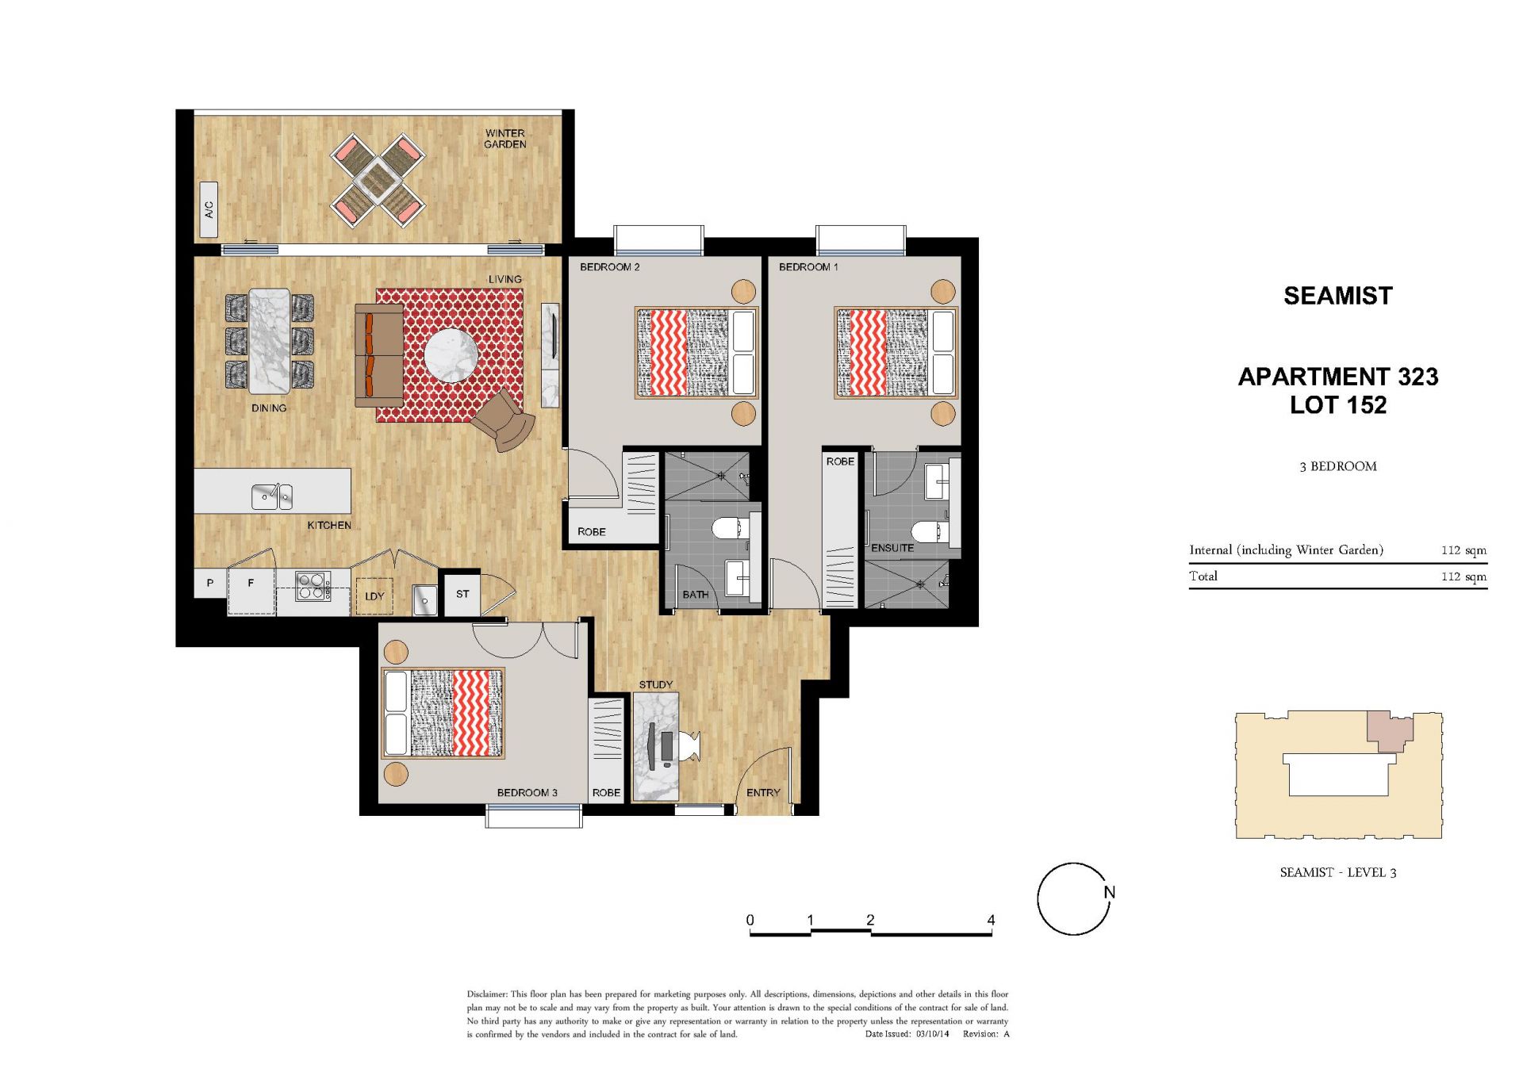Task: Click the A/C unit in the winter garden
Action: pyautogui.click(x=209, y=209)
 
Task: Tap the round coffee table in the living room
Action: pyautogui.click(x=451, y=355)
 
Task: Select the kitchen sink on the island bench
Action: pyautogui.click(x=272, y=496)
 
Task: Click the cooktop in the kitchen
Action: pyautogui.click(x=313, y=586)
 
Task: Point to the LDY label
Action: pyautogui.click(x=374, y=596)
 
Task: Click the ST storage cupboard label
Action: pyautogui.click(x=462, y=594)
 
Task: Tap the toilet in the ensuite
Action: pyautogui.click(x=929, y=531)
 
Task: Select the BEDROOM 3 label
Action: pyautogui.click(x=527, y=793)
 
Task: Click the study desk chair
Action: pyautogui.click(x=687, y=746)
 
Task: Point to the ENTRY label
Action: pyautogui.click(x=763, y=793)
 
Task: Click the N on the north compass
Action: pyautogui.click(x=1110, y=892)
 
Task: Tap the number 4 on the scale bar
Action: pyautogui.click(x=991, y=920)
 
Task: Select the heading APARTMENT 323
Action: pyautogui.click(x=1338, y=377)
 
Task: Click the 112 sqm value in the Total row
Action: pyautogui.click(x=1464, y=576)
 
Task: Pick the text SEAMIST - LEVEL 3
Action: pyautogui.click(x=1338, y=872)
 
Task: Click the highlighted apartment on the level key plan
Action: pyautogui.click(x=1388, y=729)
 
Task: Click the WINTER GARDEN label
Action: pyautogui.click(x=505, y=139)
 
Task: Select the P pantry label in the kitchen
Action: pyautogui.click(x=210, y=583)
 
